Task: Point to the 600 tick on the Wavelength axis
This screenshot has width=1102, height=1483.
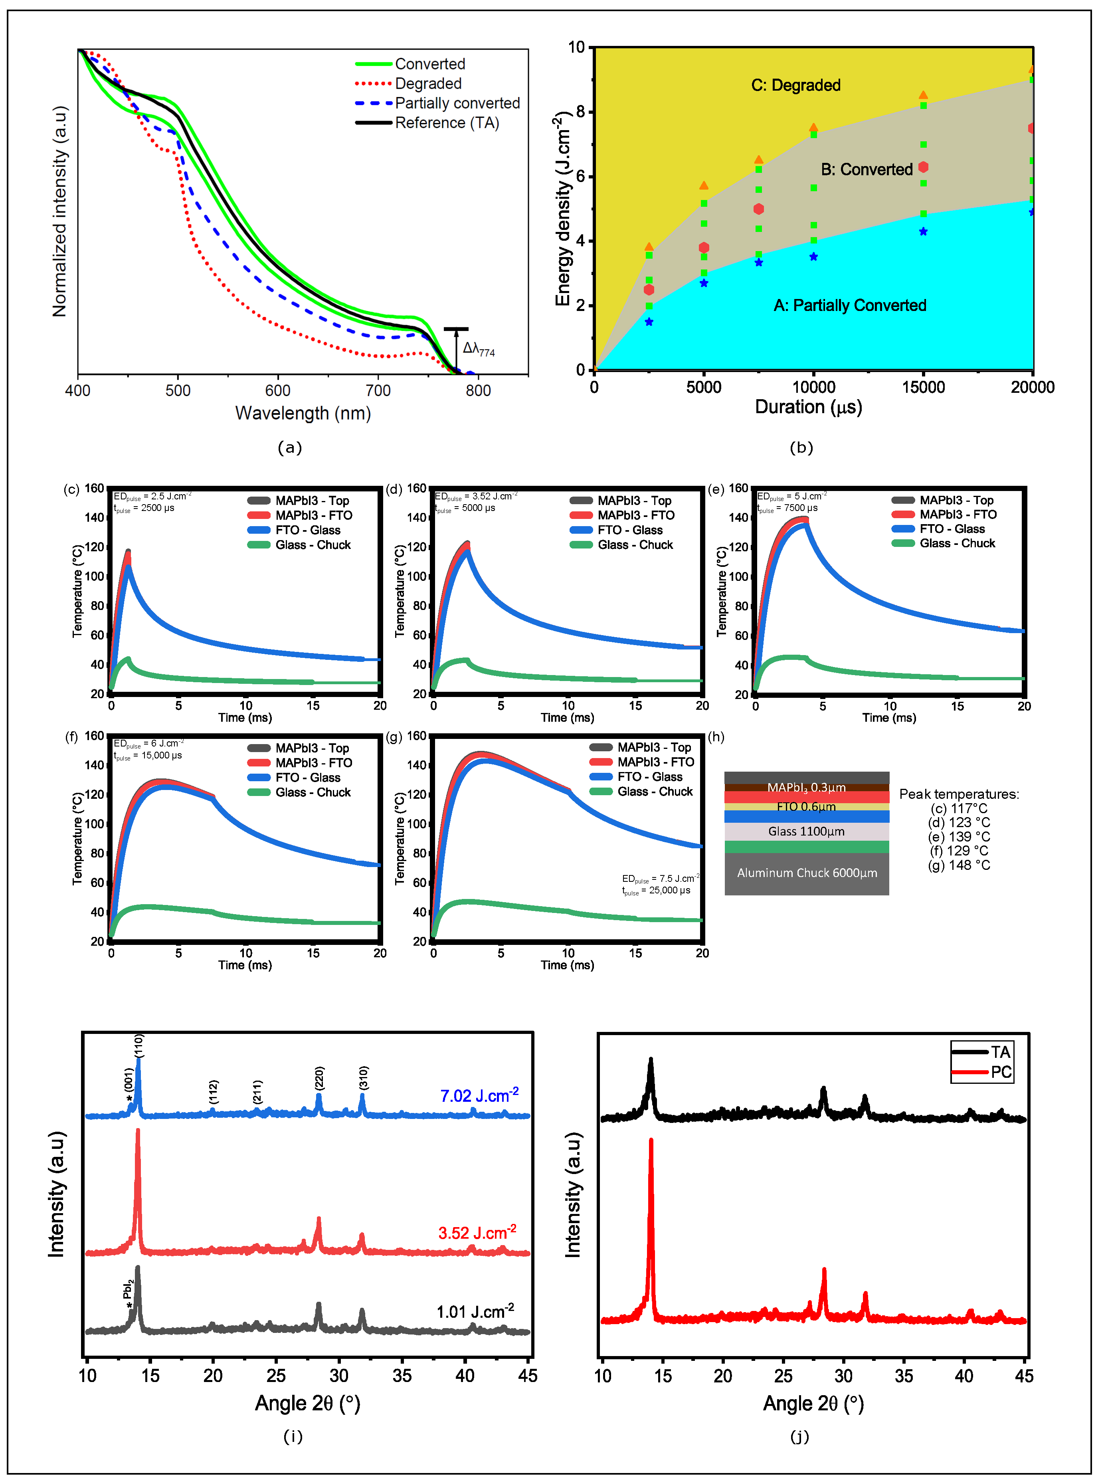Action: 277,390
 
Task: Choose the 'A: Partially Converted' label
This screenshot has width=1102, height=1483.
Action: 849,305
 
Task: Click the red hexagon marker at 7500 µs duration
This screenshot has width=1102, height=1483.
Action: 758,209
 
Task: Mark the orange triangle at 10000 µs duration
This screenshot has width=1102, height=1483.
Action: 813,127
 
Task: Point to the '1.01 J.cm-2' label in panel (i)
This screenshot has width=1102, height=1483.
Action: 474,1312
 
